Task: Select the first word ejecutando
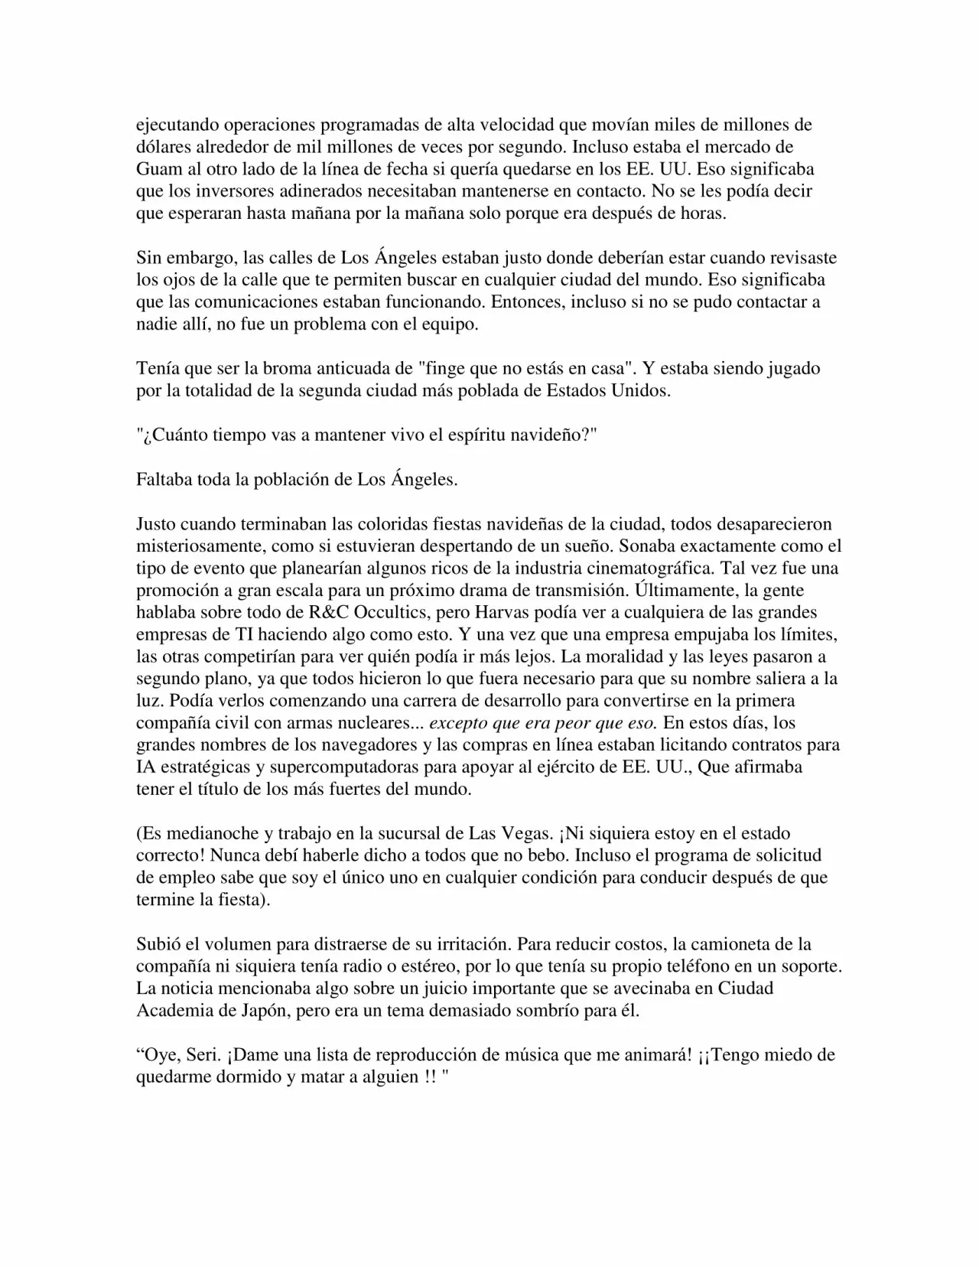click(x=178, y=125)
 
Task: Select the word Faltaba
click(x=164, y=480)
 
